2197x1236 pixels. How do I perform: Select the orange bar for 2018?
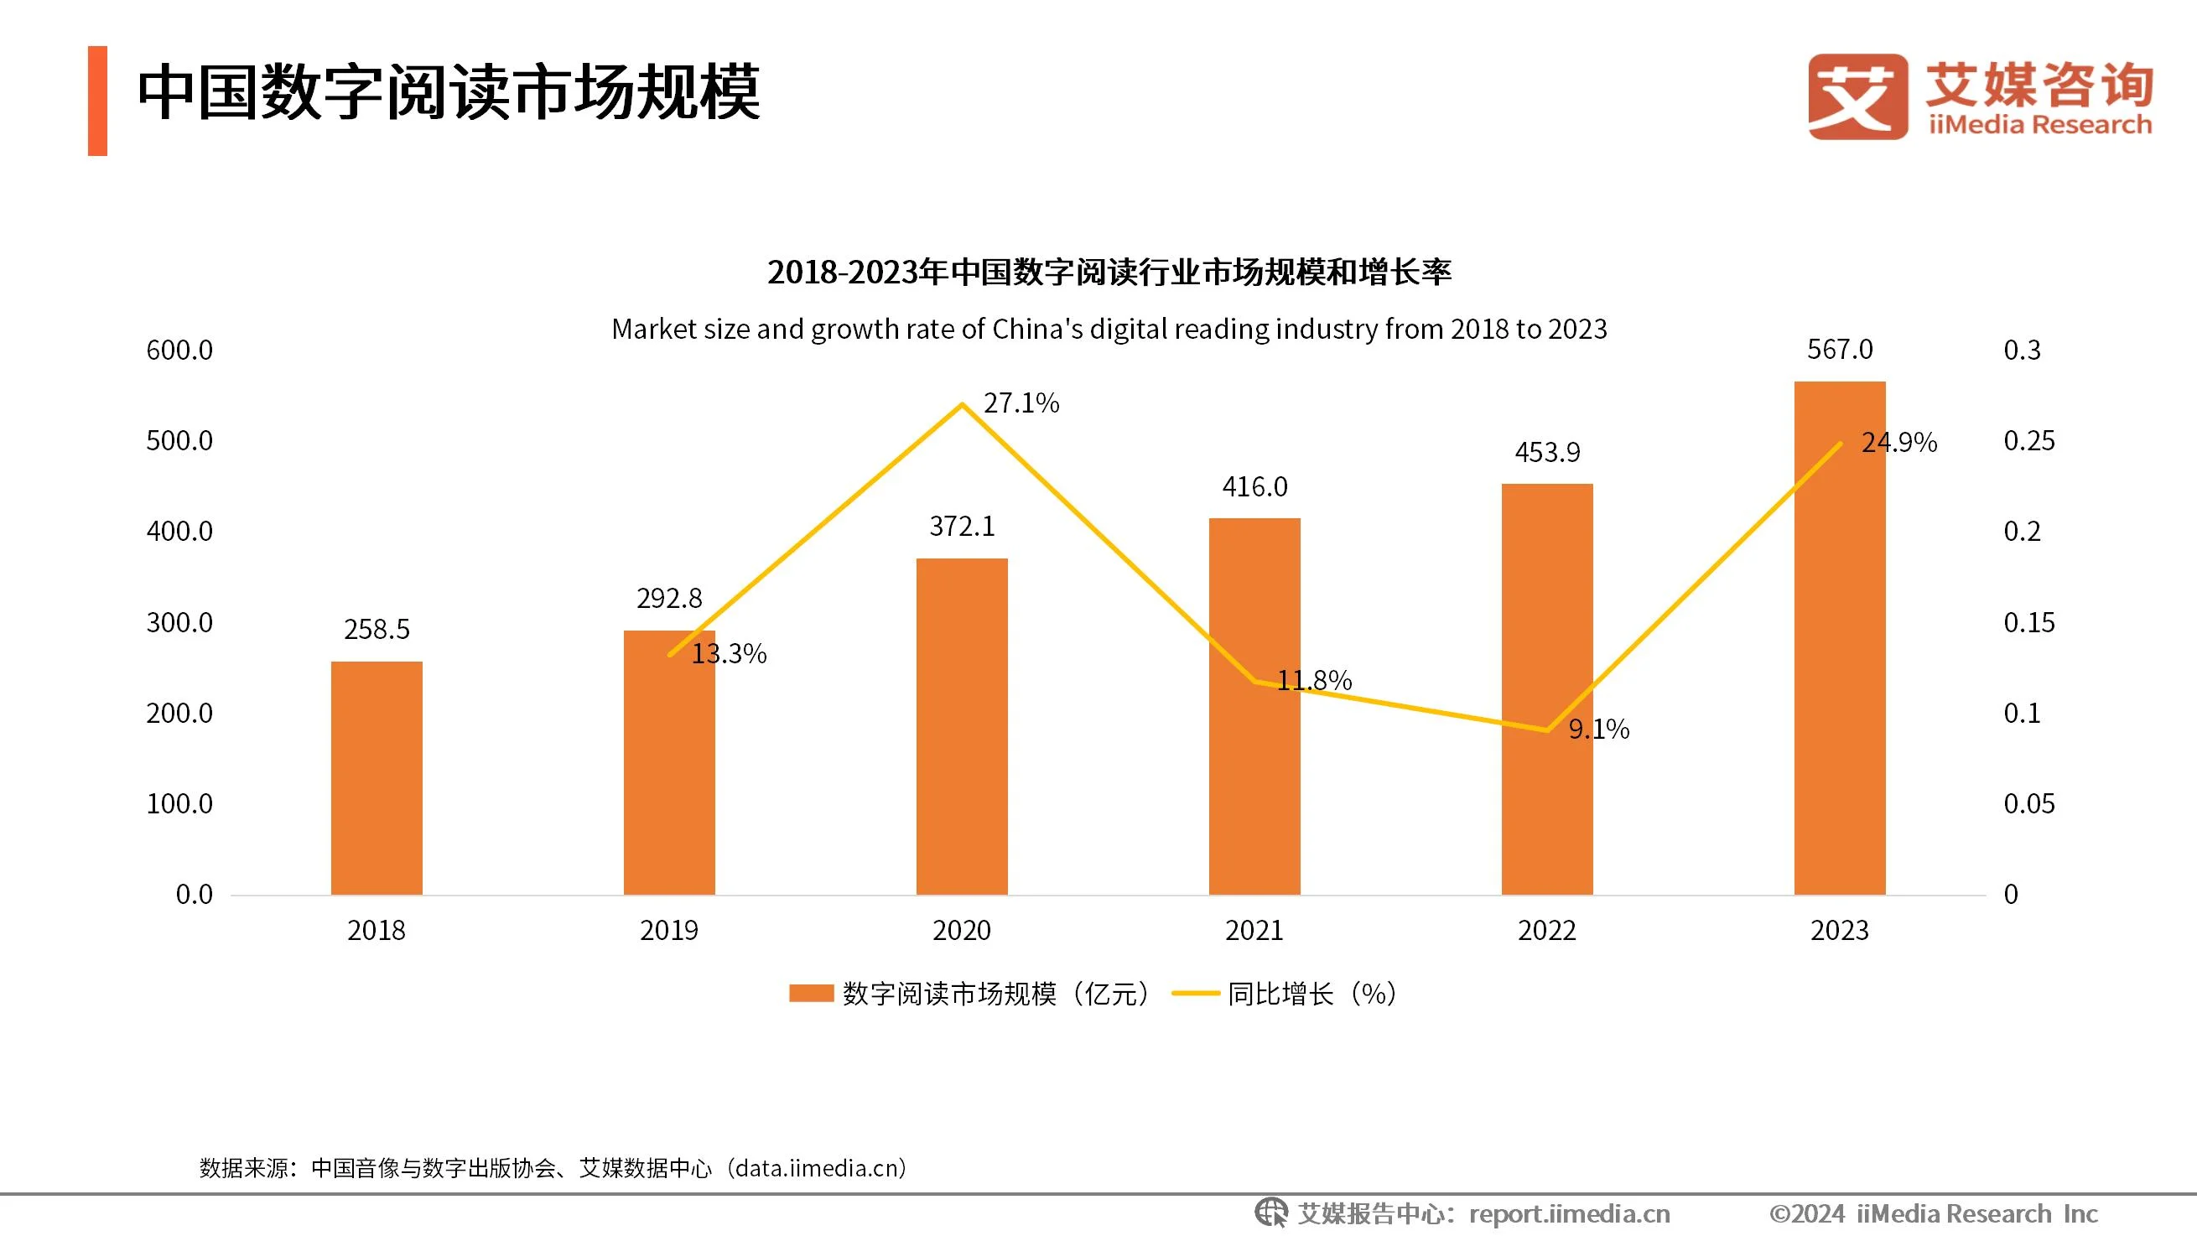coord(377,777)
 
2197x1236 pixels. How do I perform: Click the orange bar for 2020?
coord(961,726)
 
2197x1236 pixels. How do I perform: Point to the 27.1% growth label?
coord(1021,402)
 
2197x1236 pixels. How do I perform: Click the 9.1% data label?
coord(1598,729)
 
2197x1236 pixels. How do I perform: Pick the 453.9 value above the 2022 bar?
coord(1547,452)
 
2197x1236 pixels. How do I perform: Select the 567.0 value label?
coord(1840,350)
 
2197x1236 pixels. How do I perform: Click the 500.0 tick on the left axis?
coord(179,441)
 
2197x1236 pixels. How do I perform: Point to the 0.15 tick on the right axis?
coord(2028,623)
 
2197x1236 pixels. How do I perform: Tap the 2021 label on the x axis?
coord(1254,930)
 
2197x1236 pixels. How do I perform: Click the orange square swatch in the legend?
coord(810,994)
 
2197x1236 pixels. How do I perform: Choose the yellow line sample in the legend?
coord(1196,994)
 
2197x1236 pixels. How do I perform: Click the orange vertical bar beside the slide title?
coord(97,101)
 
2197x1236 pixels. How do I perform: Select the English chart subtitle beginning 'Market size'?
coord(1109,330)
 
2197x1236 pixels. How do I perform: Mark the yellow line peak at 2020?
coord(962,403)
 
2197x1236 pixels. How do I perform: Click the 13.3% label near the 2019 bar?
coord(729,653)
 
